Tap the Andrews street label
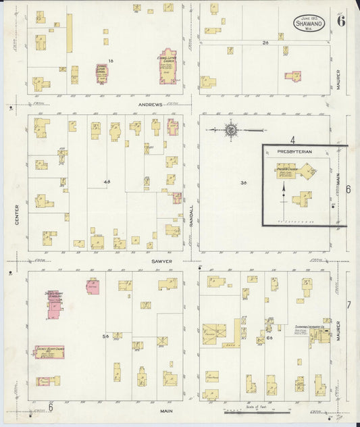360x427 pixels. click(151, 105)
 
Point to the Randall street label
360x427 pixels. click(192, 215)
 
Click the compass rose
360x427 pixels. click(231, 130)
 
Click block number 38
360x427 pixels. click(243, 183)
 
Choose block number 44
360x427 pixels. click(106, 182)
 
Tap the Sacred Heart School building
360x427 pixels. click(55, 305)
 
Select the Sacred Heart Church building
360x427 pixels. click(49, 351)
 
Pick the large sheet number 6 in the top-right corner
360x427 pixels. click(341, 20)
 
